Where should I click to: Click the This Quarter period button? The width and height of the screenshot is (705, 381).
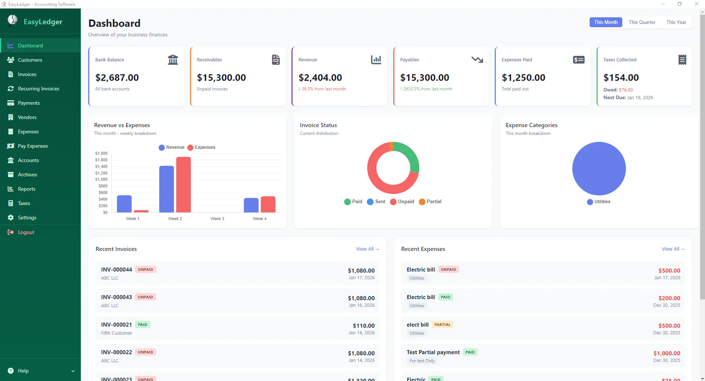coord(642,22)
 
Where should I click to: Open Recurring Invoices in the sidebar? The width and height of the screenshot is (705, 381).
coord(39,89)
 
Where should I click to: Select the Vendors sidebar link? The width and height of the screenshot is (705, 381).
coord(27,117)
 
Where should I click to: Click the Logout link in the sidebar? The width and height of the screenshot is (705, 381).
coord(26,232)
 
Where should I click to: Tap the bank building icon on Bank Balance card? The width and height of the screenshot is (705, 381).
coord(173,60)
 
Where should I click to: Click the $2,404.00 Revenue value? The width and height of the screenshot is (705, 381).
coord(320,78)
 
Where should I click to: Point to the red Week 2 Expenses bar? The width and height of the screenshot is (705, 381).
coord(183,184)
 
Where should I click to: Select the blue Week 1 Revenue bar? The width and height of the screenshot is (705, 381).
coord(124,204)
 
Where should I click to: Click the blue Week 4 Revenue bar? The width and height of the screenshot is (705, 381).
coord(251,205)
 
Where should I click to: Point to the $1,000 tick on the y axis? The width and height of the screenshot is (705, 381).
coord(101,179)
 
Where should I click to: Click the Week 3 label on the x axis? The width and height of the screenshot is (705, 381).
coord(217,219)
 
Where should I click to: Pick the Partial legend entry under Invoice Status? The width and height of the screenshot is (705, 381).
coord(430,201)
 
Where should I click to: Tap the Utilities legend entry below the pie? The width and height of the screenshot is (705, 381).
coord(599,202)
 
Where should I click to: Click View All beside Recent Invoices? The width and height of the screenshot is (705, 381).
coord(368,249)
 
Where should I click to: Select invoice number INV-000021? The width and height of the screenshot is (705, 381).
coord(117,324)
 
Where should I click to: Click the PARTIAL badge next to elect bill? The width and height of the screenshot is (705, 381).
coord(443,324)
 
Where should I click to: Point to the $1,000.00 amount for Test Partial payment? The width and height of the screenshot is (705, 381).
coord(667,353)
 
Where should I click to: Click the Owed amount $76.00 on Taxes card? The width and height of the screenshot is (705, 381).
coord(626,90)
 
